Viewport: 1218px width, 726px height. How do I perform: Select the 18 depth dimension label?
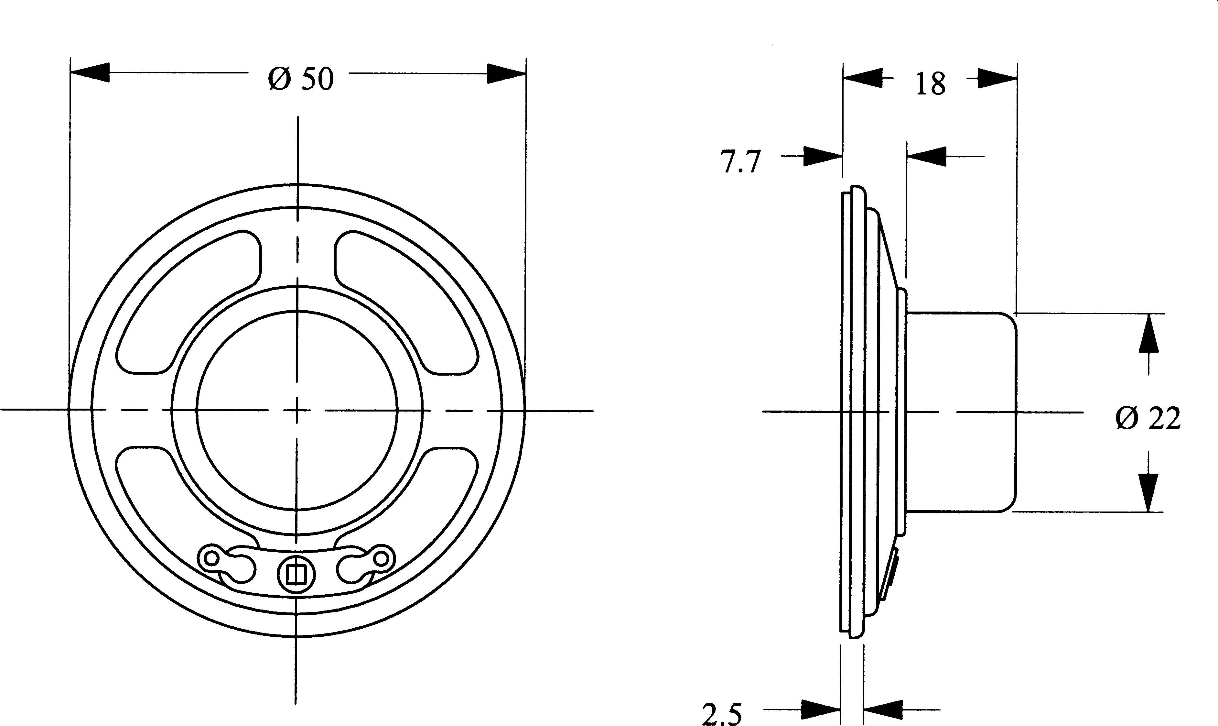tap(930, 84)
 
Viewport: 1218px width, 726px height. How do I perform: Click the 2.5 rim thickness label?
tap(722, 714)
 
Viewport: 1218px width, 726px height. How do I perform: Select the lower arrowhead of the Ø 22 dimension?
tap(1148, 492)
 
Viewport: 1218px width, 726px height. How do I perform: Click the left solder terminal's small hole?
tap(212, 558)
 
